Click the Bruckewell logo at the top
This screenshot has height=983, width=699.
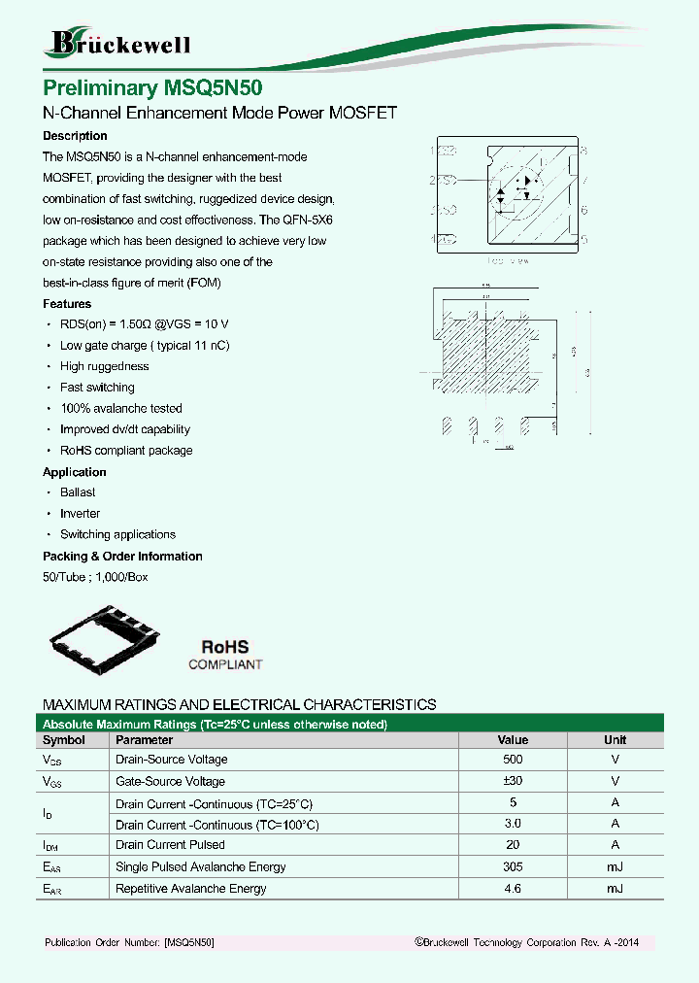pos(118,43)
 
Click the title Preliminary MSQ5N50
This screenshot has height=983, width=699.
pos(152,88)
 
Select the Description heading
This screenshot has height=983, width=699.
pos(75,136)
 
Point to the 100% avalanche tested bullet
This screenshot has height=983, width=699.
pos(120,409)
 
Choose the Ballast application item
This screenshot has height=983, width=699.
pos(78,492)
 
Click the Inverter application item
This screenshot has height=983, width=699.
pos(80,514)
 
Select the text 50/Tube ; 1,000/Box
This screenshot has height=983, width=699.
pos(95,577)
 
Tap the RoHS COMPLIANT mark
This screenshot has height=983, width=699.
pos(225,655)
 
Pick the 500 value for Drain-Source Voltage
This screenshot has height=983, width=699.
pos(513,760)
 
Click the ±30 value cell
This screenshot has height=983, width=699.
pos(513,781)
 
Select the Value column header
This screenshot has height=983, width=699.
pos(513,740)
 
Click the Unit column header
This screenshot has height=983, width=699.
pos(615,740)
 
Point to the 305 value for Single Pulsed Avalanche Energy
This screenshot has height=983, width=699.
pos(513,866)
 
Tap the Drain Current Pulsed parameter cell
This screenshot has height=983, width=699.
pos(170,845)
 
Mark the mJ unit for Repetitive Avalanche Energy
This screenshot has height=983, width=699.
pos(615,889)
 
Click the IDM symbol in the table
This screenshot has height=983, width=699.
pos(50,846)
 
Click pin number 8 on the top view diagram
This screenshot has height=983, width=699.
pos(584,151)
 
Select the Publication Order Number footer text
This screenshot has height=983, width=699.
pos(129,943)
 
